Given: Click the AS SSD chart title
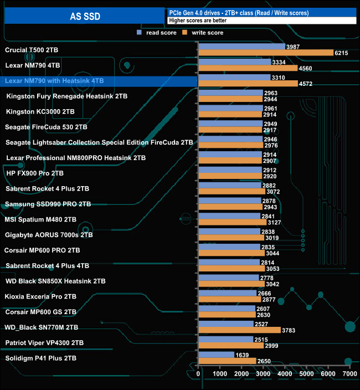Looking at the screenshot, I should click(85, 16).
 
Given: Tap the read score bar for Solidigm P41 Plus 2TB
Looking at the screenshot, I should click(216, 355).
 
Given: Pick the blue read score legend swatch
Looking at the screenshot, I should click(140, 33).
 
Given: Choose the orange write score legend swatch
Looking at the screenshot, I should click(186, 33).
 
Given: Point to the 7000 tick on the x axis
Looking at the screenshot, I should click(349, 374).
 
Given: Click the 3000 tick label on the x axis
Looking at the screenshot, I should click(263, 374).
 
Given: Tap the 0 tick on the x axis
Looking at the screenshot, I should click(198, 374).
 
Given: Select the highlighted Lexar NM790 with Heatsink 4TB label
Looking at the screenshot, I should click(54, 81).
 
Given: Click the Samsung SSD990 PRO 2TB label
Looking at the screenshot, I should click(48, 204).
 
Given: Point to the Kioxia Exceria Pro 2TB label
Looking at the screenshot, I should click(40, 297).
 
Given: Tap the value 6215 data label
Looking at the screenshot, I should click(341, 53).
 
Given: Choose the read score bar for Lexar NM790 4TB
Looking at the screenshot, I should click(234, 62).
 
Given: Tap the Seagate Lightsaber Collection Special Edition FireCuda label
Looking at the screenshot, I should click(99, 143).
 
